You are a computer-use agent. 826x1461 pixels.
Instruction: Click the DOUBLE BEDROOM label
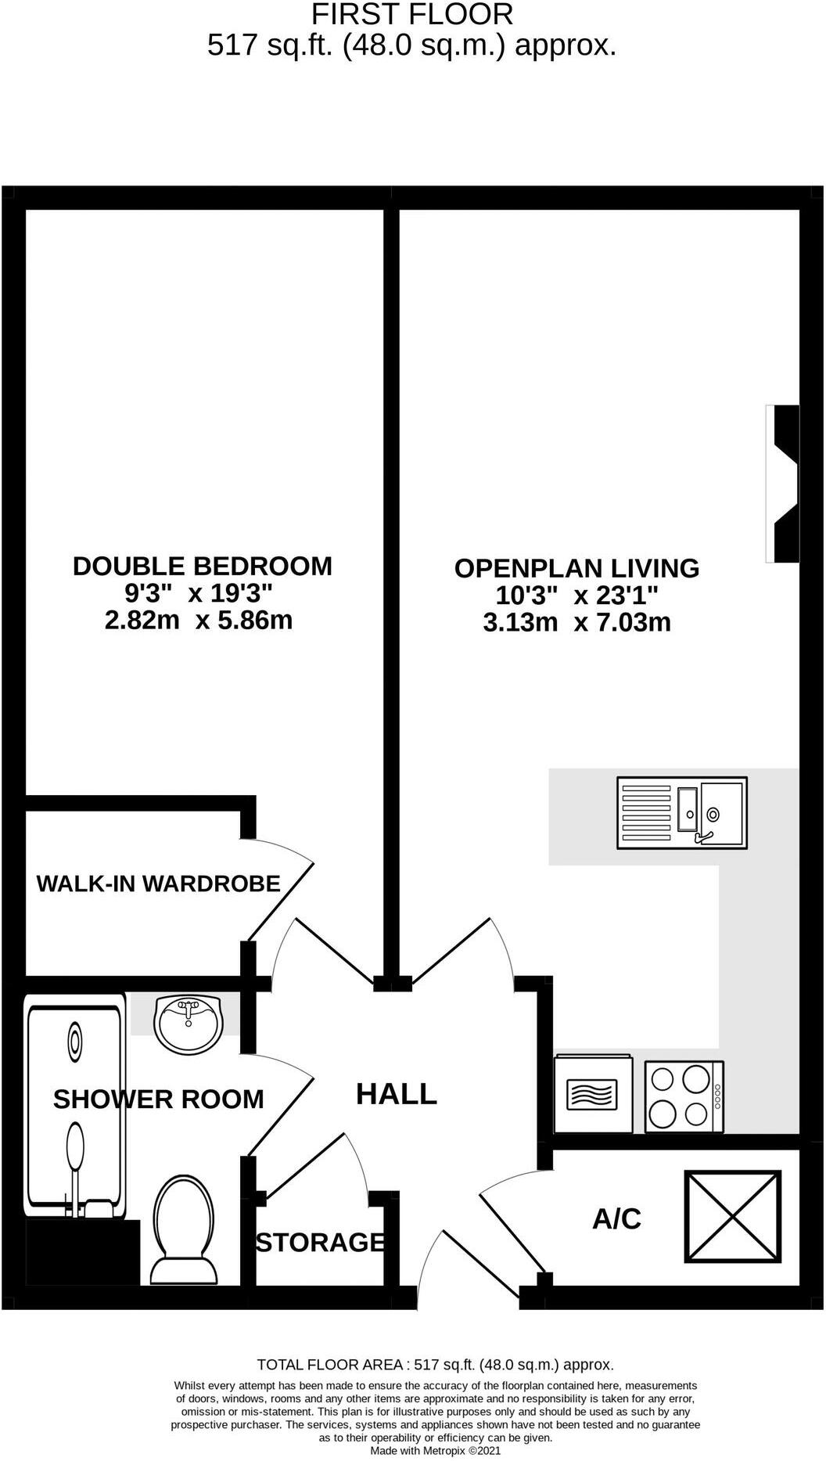[202, 566]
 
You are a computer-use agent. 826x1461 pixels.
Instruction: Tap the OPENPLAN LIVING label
[576, 568]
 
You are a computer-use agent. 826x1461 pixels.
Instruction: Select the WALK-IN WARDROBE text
[158, 883]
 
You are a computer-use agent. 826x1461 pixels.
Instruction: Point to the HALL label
[396, 1094]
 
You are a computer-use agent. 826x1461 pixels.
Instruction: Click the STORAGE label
[320, 1242]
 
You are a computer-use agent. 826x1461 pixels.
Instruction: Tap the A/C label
[616, 1218]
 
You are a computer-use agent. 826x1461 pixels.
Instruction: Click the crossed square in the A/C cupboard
[733, 1217]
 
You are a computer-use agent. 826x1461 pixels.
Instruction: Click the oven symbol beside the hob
[592, 1094]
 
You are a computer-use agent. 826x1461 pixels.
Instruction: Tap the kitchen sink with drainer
[682, 813]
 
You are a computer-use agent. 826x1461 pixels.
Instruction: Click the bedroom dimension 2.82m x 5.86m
[199, 621]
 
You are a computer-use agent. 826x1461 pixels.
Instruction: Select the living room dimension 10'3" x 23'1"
[576, 596]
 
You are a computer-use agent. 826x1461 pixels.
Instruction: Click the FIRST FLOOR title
[412, 14]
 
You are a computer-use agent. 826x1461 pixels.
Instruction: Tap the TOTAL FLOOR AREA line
[435, 1365]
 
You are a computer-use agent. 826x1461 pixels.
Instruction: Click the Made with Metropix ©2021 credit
[435, 1450]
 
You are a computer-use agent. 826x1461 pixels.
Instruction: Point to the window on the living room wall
[782, 484]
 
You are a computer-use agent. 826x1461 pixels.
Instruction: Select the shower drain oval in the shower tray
[75, 1042]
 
